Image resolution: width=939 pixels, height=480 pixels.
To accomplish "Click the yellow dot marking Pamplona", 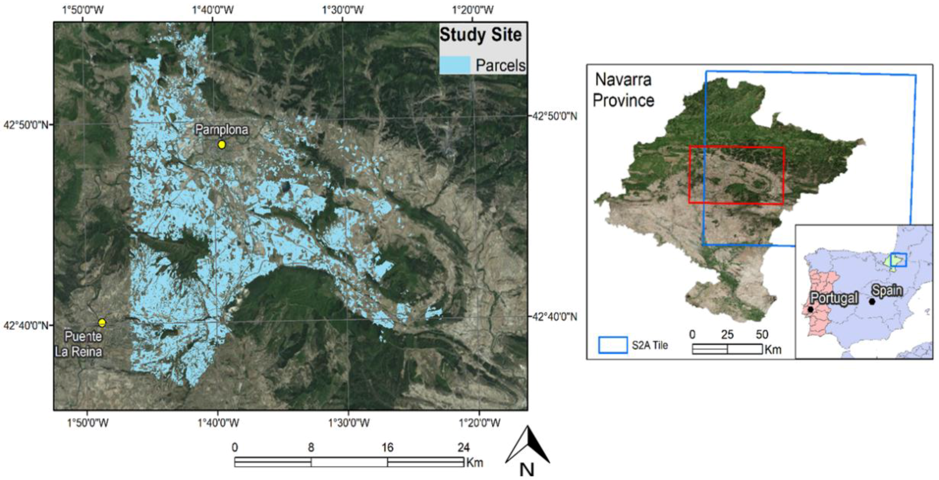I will [x=222, y=145].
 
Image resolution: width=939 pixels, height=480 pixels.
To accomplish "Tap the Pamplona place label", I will [x=222, y=130].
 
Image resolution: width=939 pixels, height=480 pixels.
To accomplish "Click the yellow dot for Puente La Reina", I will [x=102, y=322].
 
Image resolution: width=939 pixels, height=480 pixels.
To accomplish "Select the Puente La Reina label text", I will [x=79, y=344].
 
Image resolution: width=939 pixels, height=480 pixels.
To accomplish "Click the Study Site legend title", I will [x=481, y=35].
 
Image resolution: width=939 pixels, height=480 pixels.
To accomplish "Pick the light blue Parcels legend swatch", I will [x=454, y=65].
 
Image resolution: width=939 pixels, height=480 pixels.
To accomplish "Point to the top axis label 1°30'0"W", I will [x=343, y=10].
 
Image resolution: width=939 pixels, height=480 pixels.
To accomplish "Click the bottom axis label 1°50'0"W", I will [x=87, y=423].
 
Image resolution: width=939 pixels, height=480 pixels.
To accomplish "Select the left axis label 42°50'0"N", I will [x=25, y=125].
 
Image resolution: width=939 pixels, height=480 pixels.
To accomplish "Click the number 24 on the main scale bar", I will [x=463, y=447].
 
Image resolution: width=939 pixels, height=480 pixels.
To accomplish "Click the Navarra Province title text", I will [x=623, y=90].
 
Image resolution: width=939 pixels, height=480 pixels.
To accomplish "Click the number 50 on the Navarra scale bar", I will [x=762, y=334].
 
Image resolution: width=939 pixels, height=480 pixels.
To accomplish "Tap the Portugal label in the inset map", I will [x=834, y=298].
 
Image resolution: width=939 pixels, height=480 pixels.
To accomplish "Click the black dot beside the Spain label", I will [x=872, y=302].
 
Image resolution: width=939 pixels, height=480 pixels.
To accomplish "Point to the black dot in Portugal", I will [x=810, y=310].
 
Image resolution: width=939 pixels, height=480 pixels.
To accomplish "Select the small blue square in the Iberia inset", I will [x=898, y=260].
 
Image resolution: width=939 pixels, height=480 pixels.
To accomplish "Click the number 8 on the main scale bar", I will [x=311, y=447].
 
